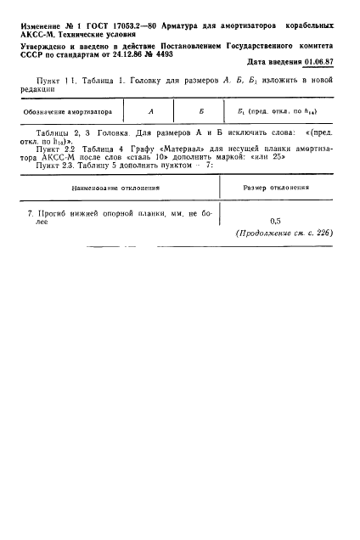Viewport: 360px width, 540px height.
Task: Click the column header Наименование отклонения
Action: [111, 188]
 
